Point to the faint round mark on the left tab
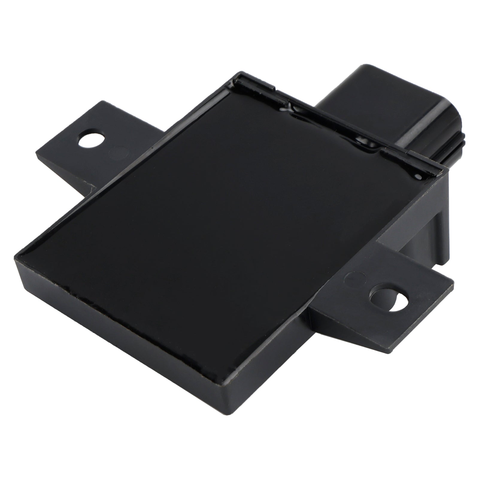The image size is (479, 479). [118, 152]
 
